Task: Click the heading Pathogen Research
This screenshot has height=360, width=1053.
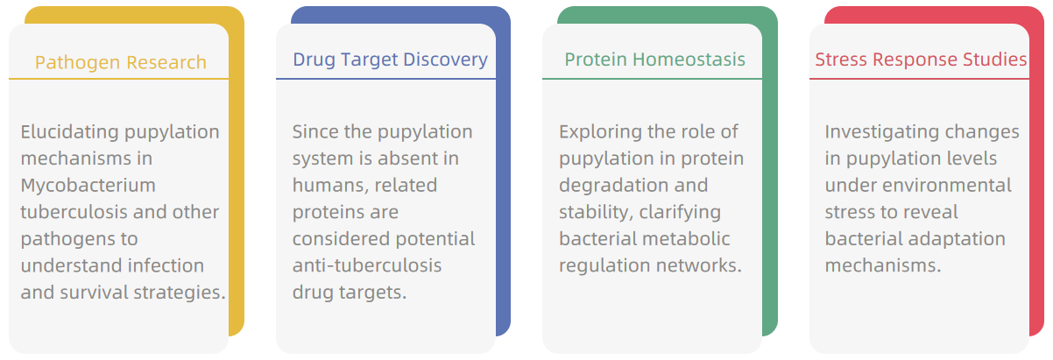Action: pos(121,62)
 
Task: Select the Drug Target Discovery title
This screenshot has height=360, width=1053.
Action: pos(390,60)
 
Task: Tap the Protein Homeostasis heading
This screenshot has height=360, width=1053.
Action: pos(654,60)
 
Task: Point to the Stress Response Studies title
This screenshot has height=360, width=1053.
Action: pos(921,60)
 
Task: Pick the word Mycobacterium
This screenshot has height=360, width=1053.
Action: pos(88,186)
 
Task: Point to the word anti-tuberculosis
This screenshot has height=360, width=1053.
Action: pos(367,265)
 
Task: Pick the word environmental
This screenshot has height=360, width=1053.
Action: pos(947,186)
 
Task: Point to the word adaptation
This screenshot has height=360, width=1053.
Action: pos(958,239)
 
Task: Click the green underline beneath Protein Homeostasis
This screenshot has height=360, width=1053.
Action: pos(652,79)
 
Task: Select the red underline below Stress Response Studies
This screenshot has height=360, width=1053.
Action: pos(919,79)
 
